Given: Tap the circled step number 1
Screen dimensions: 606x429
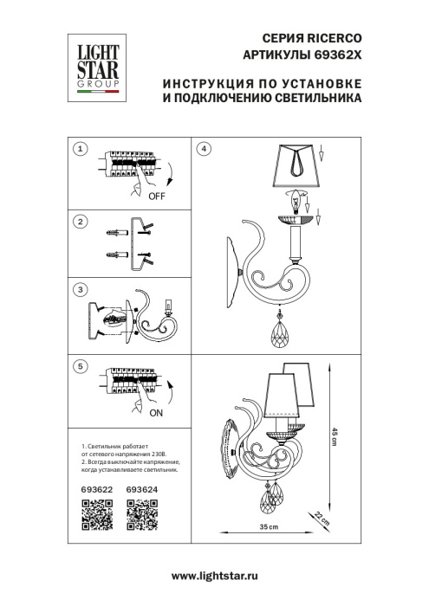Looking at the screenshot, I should click(80, 149).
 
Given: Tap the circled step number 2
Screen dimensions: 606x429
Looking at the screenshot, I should click(80, 222).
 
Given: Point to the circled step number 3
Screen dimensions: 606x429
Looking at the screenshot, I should click(80, 289).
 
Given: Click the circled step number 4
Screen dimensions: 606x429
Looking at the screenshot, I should click(204, 149).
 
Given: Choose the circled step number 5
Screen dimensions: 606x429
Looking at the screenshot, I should click(80, 367).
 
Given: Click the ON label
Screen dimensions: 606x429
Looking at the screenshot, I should click(156, 414).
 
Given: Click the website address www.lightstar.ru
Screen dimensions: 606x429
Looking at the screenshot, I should click(217, 576).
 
